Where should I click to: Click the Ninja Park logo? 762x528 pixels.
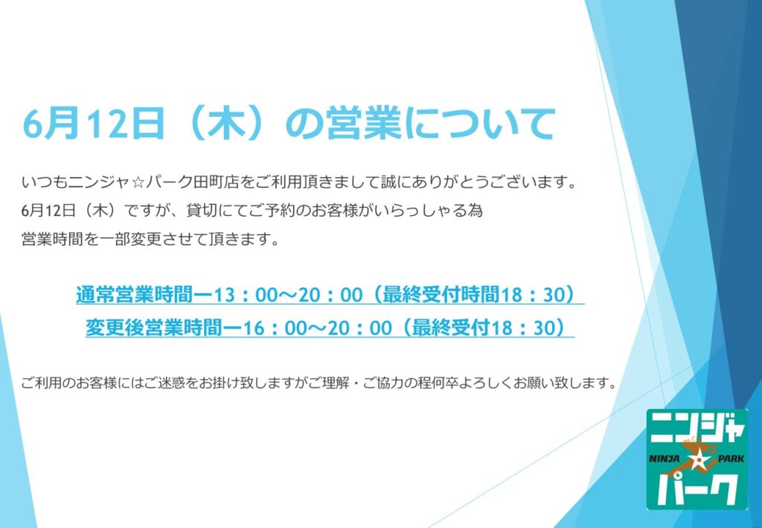click(x=697, y=459)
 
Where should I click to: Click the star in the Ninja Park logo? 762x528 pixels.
click(x=698, y=459)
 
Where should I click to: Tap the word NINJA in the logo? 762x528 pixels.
click(x=665, y=458)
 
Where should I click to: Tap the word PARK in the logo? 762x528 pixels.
click(x=731, y=458)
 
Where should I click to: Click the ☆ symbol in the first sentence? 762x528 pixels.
click(x=137, y=182)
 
